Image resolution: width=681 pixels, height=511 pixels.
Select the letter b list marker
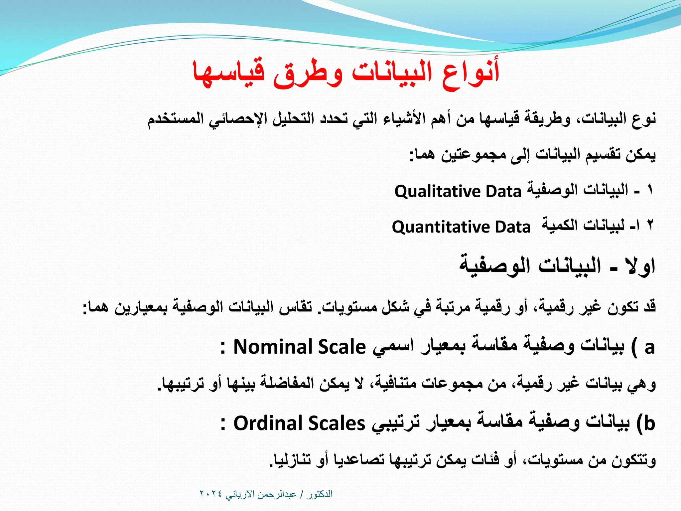coord(649,424)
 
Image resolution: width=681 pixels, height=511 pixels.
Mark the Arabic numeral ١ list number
coord(650,190)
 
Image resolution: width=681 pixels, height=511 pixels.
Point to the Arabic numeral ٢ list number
coord(650,226)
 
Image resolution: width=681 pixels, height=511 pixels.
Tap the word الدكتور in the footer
coord(320,494)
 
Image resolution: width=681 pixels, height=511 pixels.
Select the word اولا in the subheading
coord(640,266)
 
